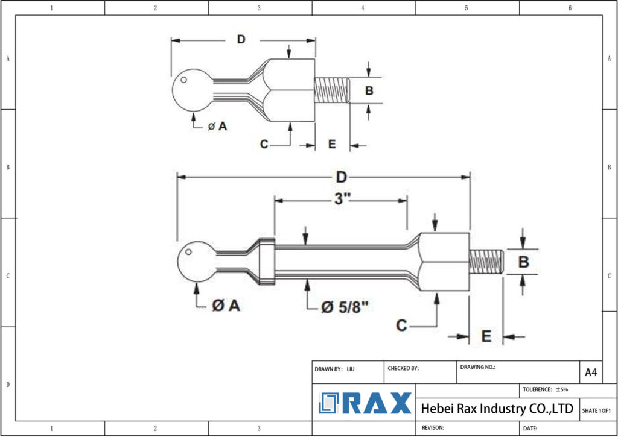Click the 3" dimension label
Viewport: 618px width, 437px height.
tap(342, 200)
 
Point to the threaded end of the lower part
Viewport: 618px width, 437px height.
tap(486, 261)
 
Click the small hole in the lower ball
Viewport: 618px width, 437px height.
tap(189, 252)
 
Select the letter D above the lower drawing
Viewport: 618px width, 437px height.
tap(341, 177)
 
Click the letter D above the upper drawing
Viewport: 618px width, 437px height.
tap(241, 40)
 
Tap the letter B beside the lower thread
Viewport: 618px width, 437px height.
tap(524, 262)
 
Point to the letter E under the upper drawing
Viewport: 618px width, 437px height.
tap(331, 144)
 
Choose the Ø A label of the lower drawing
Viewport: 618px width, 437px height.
tap(226, 306)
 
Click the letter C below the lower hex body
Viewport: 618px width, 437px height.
tap(401, 325)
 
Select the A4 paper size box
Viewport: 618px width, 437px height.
tap(591, 373)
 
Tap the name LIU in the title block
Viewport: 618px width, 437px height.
tap(351, 369)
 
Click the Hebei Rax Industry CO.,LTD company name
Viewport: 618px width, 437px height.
tap(497, 409)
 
